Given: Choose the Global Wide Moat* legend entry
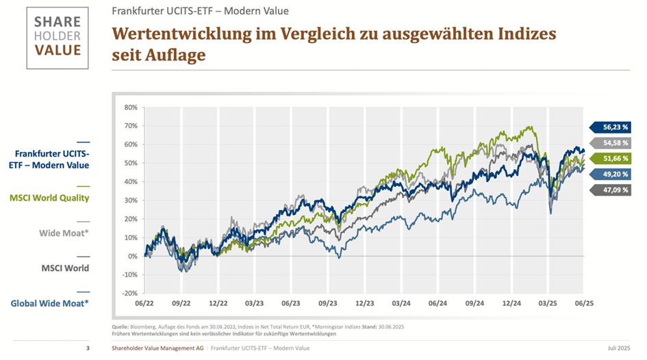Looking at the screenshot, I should pyautogui.click(x=50, y=303).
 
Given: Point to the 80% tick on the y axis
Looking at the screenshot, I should pyautogui.click(x=131, y=107).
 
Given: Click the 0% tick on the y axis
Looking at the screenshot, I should pyautogui.click(x=133, y=256).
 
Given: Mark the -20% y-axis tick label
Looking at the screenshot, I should pyautogui.click(x=129, y=293).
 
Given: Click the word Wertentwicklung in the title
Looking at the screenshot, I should pyautogui.click(x=179, y=34).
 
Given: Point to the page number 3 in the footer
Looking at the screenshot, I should pyautogui.click(x=88, y=349).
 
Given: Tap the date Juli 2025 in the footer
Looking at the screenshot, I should pyautogui.click(x=618, y=349).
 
